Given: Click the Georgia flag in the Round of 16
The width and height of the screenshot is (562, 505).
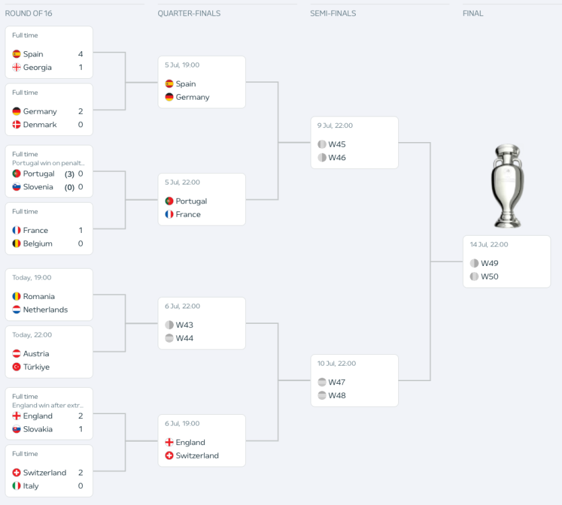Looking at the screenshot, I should [16, 67].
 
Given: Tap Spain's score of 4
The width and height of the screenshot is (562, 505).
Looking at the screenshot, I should [80, 54].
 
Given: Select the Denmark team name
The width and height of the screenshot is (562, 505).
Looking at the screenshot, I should [40, 125].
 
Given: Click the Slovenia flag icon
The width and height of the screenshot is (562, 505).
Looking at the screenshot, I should [16, 187].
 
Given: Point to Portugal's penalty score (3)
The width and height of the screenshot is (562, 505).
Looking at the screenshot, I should [69, 174].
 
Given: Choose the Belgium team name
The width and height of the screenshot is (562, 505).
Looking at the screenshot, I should [38, 244].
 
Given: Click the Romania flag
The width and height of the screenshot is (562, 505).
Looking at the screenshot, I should [16, 296].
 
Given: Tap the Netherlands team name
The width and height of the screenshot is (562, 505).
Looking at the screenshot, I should [45, 310].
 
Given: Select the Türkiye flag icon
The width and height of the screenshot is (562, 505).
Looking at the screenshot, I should [16, 367].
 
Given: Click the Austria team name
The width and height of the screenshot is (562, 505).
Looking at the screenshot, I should [36, 353].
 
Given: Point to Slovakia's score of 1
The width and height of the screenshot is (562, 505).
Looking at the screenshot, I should [80, 429].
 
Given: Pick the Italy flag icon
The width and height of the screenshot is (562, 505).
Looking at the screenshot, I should [16, 485].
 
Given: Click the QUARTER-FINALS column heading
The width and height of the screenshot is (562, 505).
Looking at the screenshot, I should [189, 13].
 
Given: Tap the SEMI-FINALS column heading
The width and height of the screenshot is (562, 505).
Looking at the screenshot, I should [333, 13].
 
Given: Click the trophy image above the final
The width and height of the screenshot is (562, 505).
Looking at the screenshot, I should [507, 185].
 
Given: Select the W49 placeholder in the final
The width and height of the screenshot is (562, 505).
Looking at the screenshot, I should [489, 263].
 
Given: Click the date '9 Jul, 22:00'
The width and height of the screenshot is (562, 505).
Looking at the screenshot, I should [335, 125].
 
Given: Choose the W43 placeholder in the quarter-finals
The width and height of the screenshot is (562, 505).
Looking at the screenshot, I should [184, 325].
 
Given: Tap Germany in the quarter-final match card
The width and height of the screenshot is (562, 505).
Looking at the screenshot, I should [192, 97].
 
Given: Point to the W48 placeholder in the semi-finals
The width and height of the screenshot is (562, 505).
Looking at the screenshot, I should [336, 395].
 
